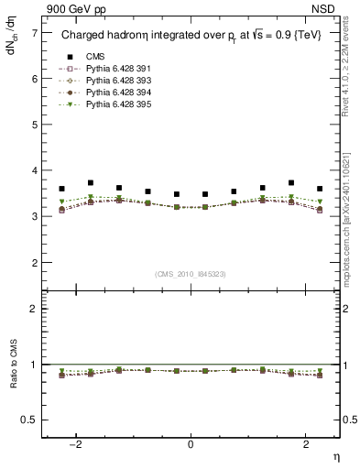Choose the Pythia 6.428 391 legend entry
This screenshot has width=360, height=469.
[x=115, y=69]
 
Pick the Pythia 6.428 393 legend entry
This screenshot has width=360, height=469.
[x=115, y=81]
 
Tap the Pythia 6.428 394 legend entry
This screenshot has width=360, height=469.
[x=115, y=93]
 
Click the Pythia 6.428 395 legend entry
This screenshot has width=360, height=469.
[x=115, y=104]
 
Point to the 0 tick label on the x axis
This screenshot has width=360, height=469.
[x=191, y=443]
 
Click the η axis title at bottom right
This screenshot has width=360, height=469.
[x=335, y=456]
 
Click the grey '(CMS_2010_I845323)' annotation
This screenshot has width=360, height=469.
[x=191, y=274]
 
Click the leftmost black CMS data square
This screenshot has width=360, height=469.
[x=62, y=189]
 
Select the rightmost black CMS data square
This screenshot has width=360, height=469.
[x=319, y=189]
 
